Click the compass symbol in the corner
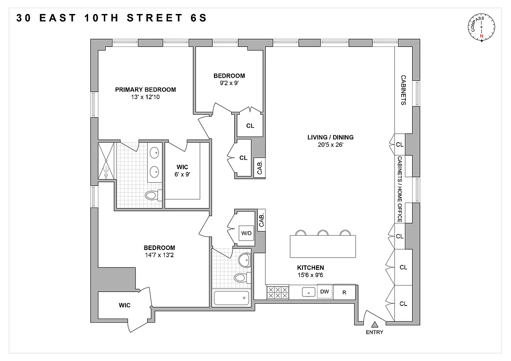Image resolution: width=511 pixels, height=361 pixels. coord(482,28)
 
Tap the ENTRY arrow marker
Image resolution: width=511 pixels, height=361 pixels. coord(374,324)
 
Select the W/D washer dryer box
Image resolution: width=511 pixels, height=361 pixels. coord(246,234)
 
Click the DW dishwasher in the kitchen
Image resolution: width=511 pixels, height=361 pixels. coord(324,292)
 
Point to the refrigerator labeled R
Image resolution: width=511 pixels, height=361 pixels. coord(344,292)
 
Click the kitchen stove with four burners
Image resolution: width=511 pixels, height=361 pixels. coord(278,292)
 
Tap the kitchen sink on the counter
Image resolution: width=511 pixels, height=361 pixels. coord(309,292)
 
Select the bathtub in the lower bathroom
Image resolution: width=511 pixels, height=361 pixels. coord(231,298)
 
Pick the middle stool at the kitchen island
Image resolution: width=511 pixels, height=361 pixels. coord(322,233)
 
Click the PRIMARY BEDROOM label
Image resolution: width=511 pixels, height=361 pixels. coord(145,89)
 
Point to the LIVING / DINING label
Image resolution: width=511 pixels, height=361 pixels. coord(330,138)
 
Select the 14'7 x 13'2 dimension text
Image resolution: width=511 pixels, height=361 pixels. coord(159,255)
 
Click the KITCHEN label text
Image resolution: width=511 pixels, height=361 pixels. coord(310,268)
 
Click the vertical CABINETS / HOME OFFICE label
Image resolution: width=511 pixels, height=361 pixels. coord(400,189)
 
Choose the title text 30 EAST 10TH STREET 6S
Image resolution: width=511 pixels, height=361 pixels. coord(112,18)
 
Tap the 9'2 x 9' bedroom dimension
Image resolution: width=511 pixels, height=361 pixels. coord(229,83)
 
